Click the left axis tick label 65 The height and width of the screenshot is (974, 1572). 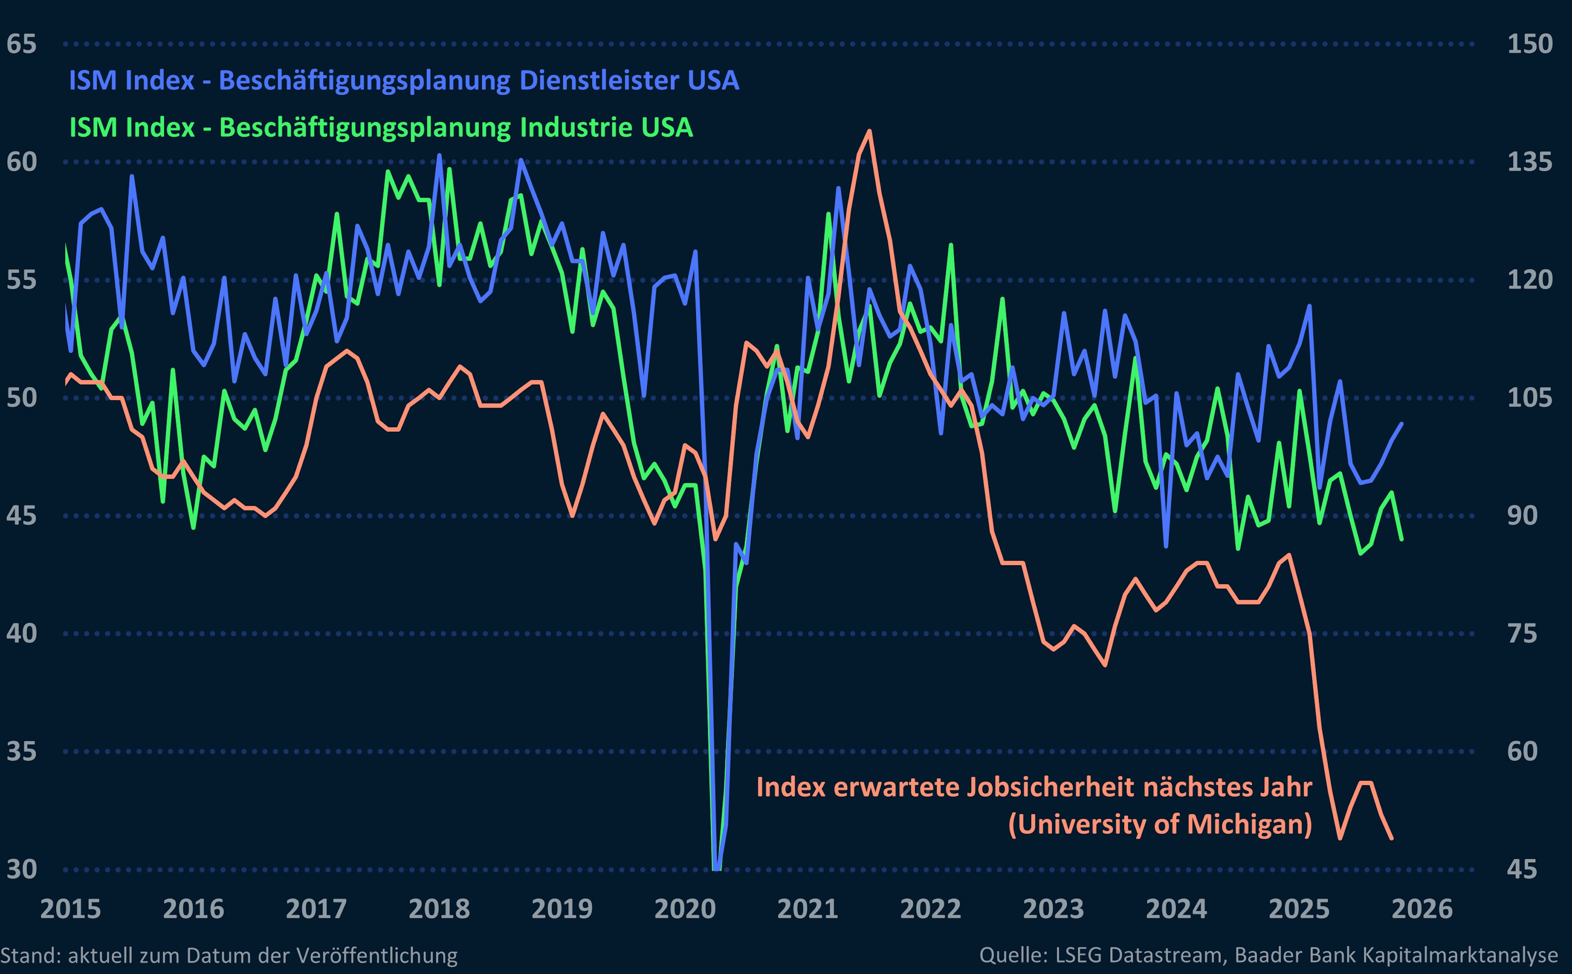[x=21, y=45]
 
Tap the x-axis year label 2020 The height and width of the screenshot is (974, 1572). [x=685, y=909]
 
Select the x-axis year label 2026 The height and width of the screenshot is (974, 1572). [x=1422, y=909]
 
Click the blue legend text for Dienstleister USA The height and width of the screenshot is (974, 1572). [x=404, y=81]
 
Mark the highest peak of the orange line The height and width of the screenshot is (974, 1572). [x=870, y=131]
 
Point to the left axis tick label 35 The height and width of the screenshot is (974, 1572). [x=21, y=751]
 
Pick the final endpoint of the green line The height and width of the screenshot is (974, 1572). [x=1402, y=539]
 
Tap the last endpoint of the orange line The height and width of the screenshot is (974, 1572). [x=1392, y=839]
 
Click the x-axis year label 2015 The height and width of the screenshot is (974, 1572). [x=71, y=909]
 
